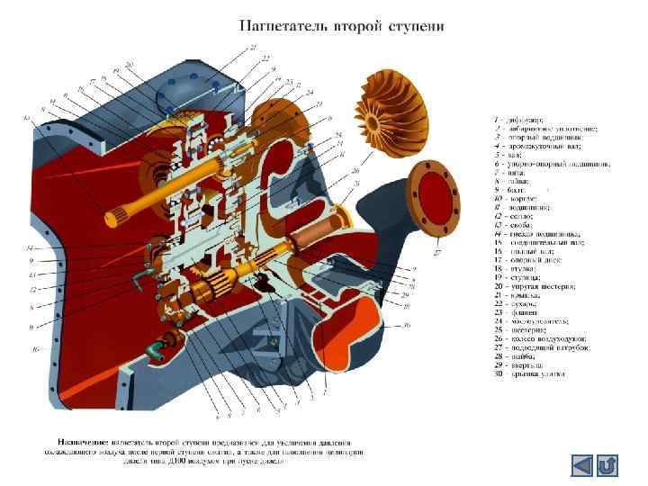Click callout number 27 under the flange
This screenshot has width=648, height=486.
[438, 254]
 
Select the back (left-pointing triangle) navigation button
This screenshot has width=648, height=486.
[582, 465]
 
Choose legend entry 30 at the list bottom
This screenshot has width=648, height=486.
[531, 373]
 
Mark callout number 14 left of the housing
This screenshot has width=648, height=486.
[31, 248]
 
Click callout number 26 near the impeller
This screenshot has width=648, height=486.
[355, 170]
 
